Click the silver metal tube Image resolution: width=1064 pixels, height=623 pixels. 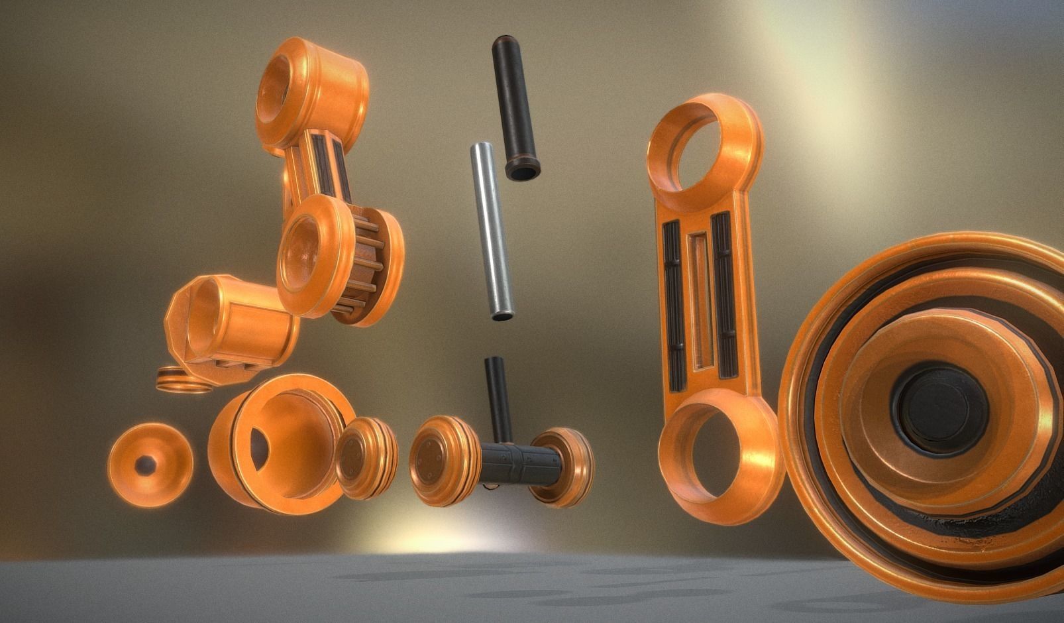tap(492, 232)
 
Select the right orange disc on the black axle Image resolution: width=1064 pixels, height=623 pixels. tap(561, 467)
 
